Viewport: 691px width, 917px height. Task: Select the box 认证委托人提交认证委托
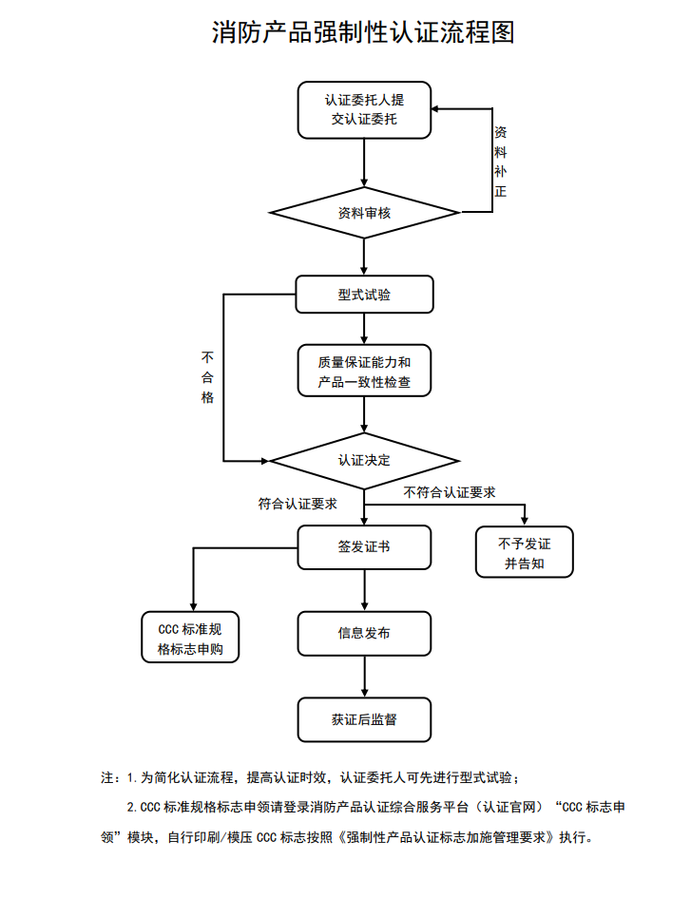(x=364, y=109)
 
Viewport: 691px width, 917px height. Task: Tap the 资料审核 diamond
(x=364, y=212)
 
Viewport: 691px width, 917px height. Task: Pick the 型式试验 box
(x=364, y=295)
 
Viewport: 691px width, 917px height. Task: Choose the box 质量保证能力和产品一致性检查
(x=364, y=372)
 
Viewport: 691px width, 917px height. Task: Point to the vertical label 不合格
(x=207, y=377)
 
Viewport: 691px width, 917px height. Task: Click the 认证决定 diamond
(x=364, y=461)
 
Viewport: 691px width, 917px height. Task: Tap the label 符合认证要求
(x=298, y=504)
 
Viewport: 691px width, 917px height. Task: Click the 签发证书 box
(x=364, y=547)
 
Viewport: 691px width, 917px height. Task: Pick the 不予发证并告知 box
(x=524, y=553)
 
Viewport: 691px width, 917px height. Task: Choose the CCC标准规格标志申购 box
(x=190, y=638)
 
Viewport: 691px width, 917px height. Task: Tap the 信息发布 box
(x=364, y=632)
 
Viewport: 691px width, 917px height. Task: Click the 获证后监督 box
(x=364, y=719)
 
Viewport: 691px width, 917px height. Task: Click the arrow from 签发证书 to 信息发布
(x=365, y=590)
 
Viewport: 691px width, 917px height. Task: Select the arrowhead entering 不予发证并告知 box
(x=525, y=520)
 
